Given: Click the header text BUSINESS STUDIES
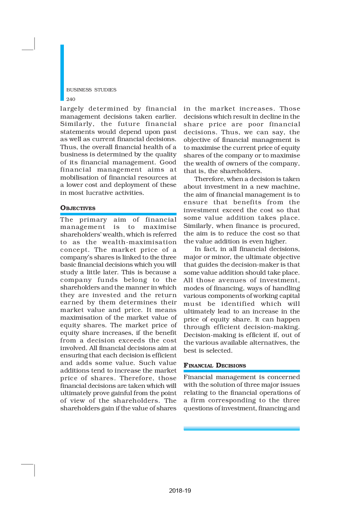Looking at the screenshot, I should (x=91, y=90).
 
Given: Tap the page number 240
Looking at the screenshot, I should (x=71, y=99).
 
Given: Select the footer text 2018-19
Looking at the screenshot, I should (x=180, y=490).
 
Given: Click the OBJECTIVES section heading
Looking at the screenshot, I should (x=78, y=208).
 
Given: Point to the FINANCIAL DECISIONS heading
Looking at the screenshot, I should (x=215, y=365).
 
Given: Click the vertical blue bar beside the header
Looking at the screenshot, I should (x=62, y=73).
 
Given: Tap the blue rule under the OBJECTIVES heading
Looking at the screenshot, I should (x=118, y=214).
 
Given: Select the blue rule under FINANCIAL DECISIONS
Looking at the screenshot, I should (x=242, y=371).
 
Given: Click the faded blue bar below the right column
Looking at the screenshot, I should (x=242, y=428).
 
